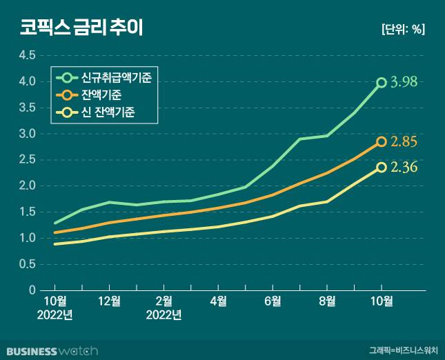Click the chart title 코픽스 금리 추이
click(x=81, y=28)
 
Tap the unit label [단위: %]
click(x=403, y=29)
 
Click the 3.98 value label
click(x=404, y=82)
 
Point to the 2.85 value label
click(x=404, y=142)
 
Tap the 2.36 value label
click(x=404, y=167)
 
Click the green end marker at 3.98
click(x=382, y=83)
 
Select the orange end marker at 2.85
click(x=382, y=142)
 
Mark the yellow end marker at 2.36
click(x=382, y=168)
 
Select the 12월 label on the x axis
click(x=110, y=301)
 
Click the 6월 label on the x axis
click(x=273, y=301)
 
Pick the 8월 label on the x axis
click(x=327, y=301)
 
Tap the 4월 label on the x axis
click(x=218, y=301)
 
